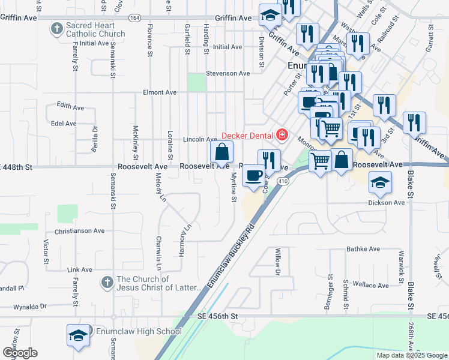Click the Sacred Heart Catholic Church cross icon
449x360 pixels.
[x=56, y=28]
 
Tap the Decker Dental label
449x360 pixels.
[x=248, y=136]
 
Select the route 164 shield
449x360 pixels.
[x=134, y=18]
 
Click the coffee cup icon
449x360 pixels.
[x=253, y=175]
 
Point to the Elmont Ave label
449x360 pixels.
[x=160, y=92]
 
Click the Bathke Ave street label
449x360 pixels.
[x=363, y=248]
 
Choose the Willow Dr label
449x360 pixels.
[x=278, y=262]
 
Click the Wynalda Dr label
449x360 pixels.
[x=31, y=306]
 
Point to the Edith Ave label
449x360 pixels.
[x=67, y=104]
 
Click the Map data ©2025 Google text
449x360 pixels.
[x=412, y=355]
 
